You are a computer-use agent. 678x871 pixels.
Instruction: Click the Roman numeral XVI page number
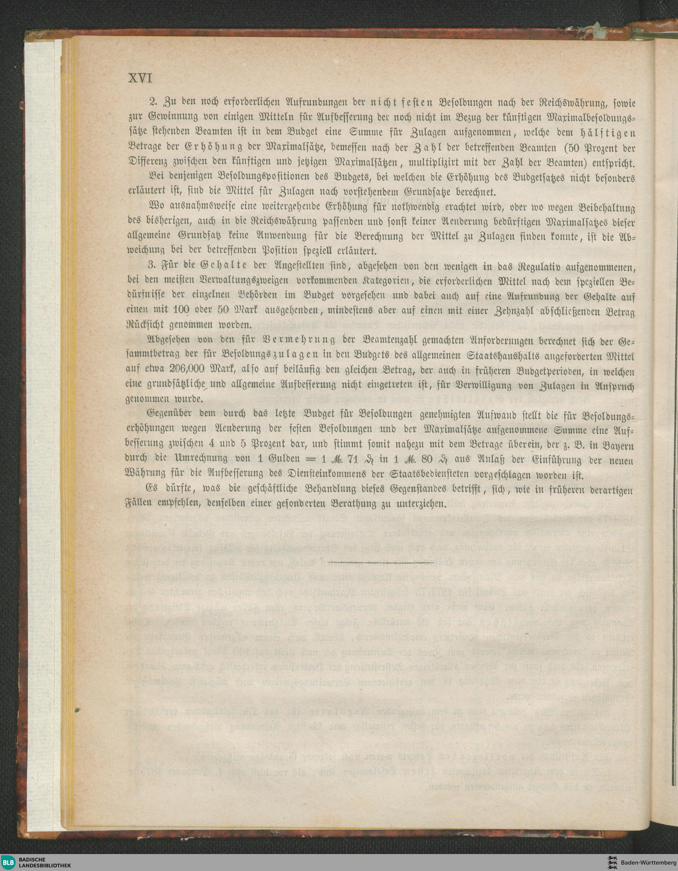[x=140, y=79]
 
